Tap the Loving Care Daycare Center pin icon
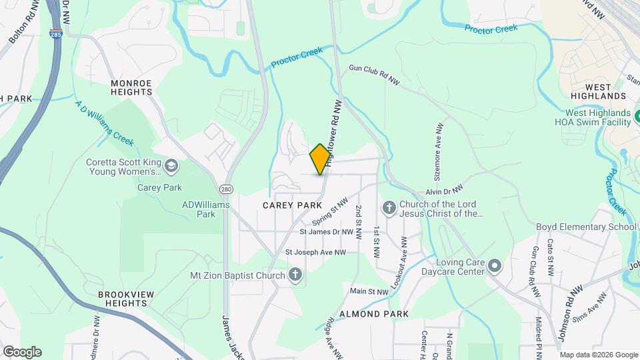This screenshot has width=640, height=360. click(x=494, y=267)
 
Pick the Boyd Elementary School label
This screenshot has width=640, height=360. click(x=586, y=227)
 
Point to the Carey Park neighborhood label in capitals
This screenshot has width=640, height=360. click(x=288, y=205)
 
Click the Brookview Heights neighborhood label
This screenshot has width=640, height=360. click(x=122, y=298)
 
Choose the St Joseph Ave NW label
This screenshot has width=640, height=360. click(x=316, y=253)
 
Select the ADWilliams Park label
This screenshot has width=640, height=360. click(x=206, y=209)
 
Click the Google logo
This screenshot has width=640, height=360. click(x=22, y=352)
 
